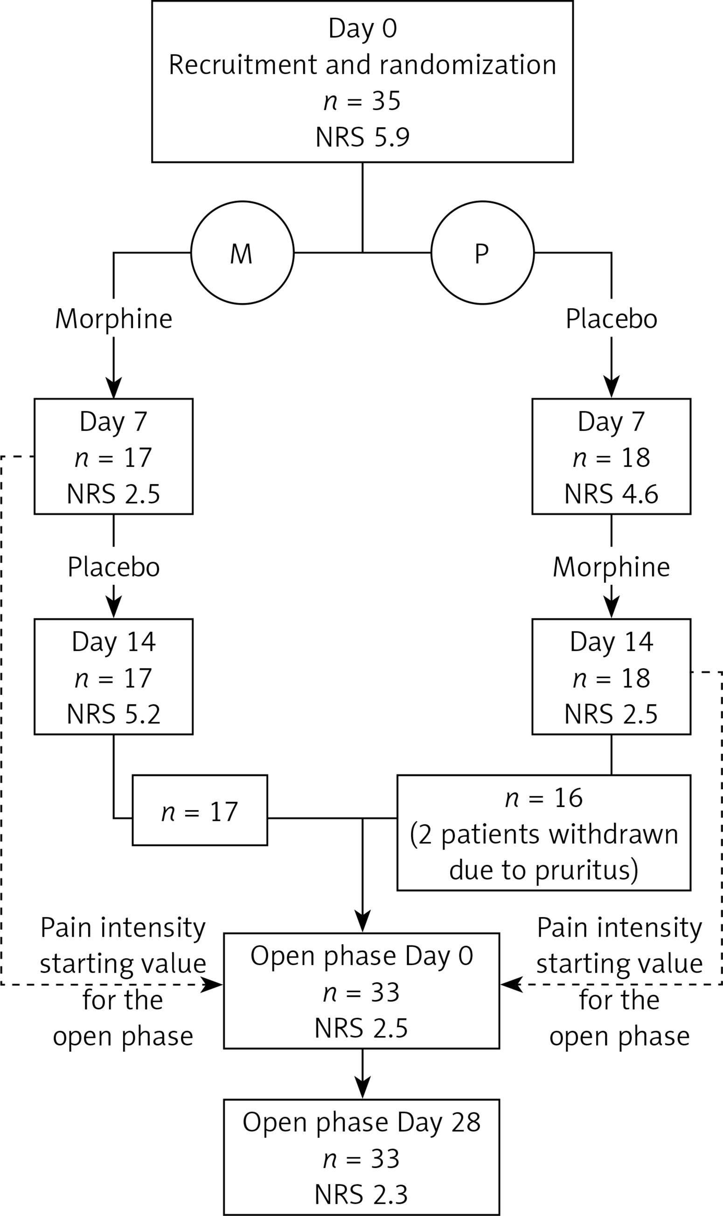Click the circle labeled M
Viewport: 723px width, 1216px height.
(242, 253)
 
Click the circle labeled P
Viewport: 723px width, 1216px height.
(482, 253)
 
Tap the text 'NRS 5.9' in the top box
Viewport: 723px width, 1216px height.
(362, 137)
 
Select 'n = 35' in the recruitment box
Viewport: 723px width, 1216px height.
(362, 101)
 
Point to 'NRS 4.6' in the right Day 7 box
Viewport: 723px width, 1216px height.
(611, 493)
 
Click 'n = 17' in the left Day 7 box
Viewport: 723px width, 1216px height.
(113, 458)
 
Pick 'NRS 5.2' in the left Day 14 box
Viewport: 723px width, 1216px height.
(113, 714)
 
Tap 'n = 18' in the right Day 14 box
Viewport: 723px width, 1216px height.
(611, 678)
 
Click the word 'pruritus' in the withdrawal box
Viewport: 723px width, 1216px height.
(587, 870)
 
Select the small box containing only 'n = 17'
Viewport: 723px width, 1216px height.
(200, 812)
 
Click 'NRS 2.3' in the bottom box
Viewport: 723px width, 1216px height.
(361, 1194)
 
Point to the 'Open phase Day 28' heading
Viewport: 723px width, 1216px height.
(361, 1122)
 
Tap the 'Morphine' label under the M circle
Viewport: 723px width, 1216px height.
(113, 319)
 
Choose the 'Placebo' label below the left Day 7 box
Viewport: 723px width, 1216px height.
(113, 567)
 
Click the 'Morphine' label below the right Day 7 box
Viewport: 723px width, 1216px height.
(611, 567)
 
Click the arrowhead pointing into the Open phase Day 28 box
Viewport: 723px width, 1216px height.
(362, 1086)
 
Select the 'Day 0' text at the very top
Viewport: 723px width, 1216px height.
(362, 28)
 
